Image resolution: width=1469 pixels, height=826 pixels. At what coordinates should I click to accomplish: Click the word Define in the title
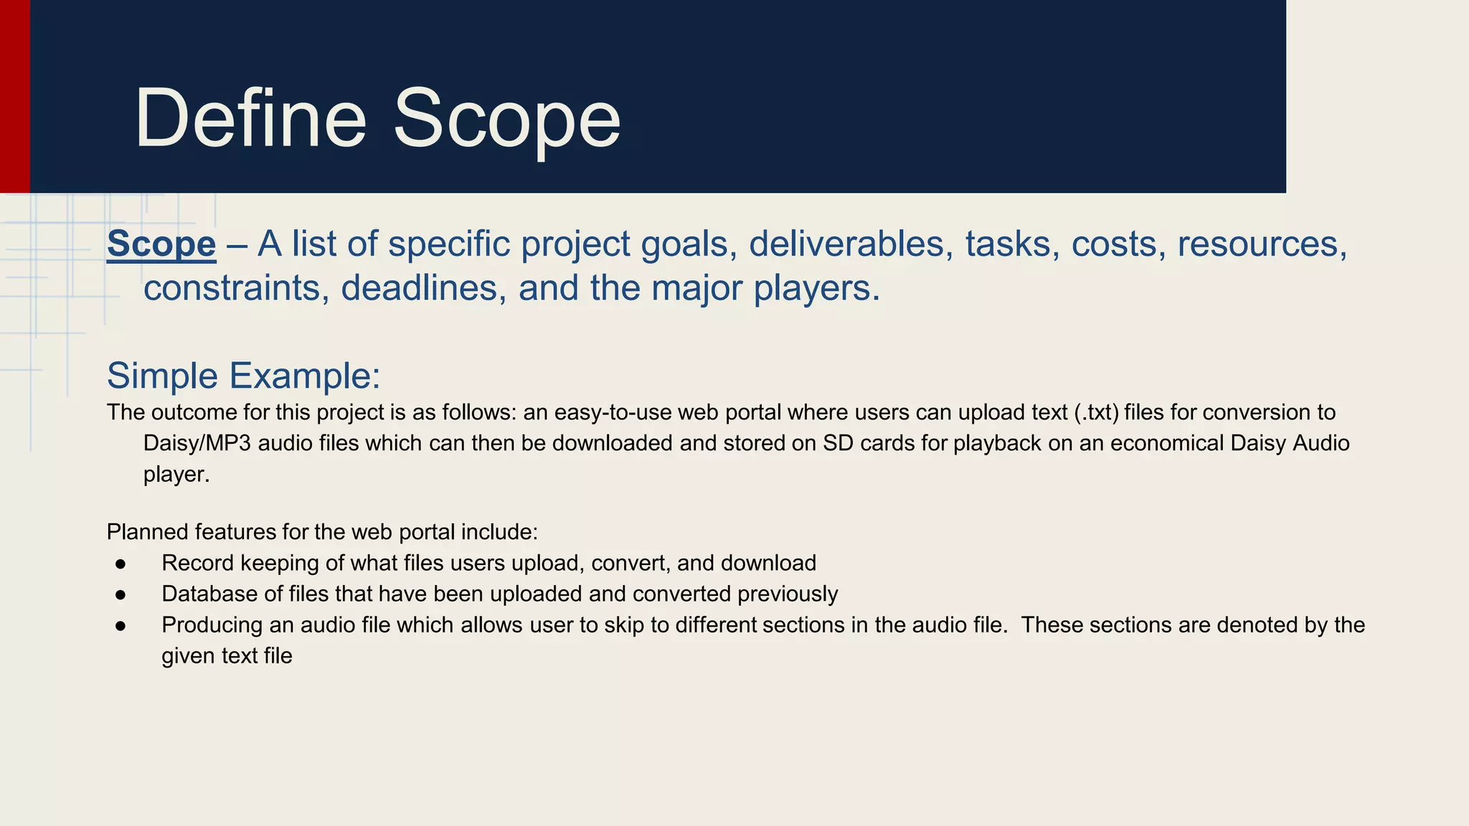(250, 118)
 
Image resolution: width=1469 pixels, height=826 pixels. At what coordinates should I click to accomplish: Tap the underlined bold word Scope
(161, 244)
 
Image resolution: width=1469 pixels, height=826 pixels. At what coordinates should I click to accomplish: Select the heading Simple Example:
(243, 376)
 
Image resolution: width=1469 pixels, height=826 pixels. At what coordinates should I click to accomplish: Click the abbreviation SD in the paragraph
(836, 444)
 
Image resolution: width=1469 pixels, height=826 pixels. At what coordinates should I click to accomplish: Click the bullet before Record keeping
(121, 564)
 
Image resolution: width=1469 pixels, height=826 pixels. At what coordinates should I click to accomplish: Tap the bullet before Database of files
(121, 595)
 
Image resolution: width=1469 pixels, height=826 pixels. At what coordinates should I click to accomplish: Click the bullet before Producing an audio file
(121, 626)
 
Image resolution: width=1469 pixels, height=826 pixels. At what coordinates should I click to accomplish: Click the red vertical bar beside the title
(14, 96)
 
